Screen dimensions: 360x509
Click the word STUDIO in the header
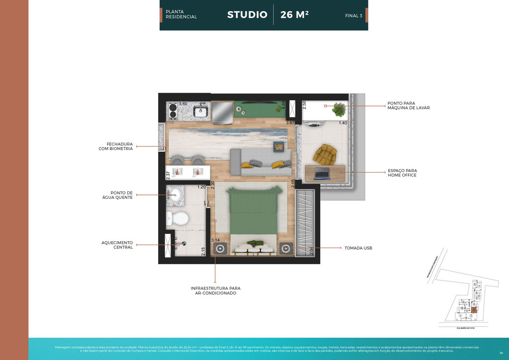pos(247,14)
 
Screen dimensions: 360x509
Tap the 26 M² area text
pos(294,14)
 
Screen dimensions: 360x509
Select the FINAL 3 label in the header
pos(353,16)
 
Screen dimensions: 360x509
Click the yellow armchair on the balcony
pos(326,155)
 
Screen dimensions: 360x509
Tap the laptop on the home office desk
pos(322,174)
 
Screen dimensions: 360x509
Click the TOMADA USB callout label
pos(358,248)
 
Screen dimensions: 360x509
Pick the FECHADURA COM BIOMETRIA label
pos(115,146)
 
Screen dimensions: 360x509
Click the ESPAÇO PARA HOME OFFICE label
pos(402,173)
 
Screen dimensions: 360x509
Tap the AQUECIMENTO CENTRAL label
pos(117,245)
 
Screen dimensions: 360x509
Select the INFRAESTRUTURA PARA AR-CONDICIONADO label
pos(215,290)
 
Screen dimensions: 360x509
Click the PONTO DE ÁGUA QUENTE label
pos(121,195)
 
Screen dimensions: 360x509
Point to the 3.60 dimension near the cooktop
pos(183,104)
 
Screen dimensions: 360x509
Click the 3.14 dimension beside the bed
pos(216,241)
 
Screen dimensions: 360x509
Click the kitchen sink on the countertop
pos(201,110)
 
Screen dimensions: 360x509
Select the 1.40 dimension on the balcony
pos(342,123)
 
